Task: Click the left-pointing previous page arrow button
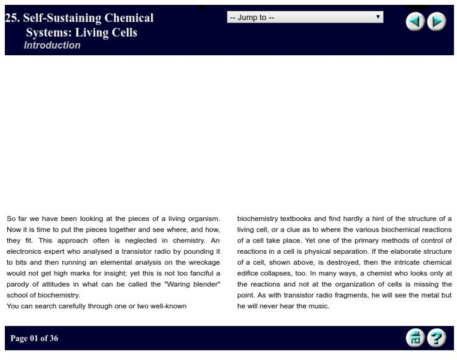415,22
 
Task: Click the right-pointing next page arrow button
437,22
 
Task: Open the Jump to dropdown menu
305,17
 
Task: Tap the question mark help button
437,338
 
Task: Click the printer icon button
415,338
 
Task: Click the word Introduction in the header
52,45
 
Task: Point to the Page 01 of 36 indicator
34,338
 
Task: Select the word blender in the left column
206,284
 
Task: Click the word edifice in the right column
249,273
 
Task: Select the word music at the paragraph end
318,306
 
